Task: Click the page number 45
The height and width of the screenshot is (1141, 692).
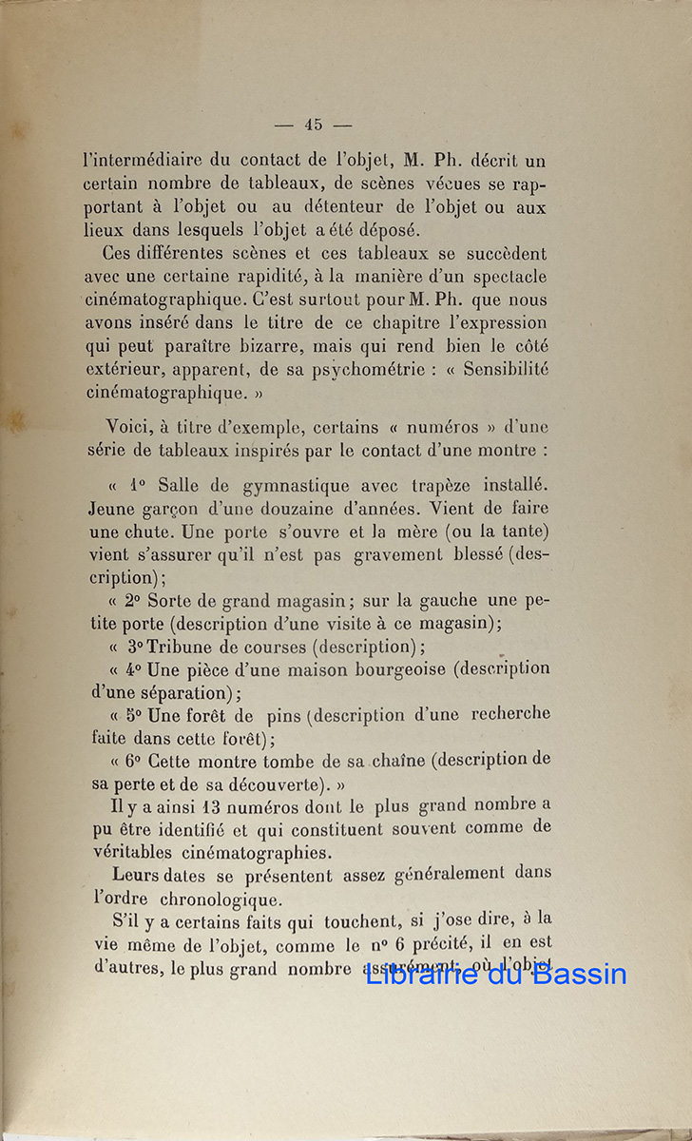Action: tap(314, 124)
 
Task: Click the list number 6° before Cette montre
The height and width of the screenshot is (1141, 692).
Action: tap(133, 761)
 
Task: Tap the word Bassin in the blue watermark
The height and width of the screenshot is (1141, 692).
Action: tap(577, 974)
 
